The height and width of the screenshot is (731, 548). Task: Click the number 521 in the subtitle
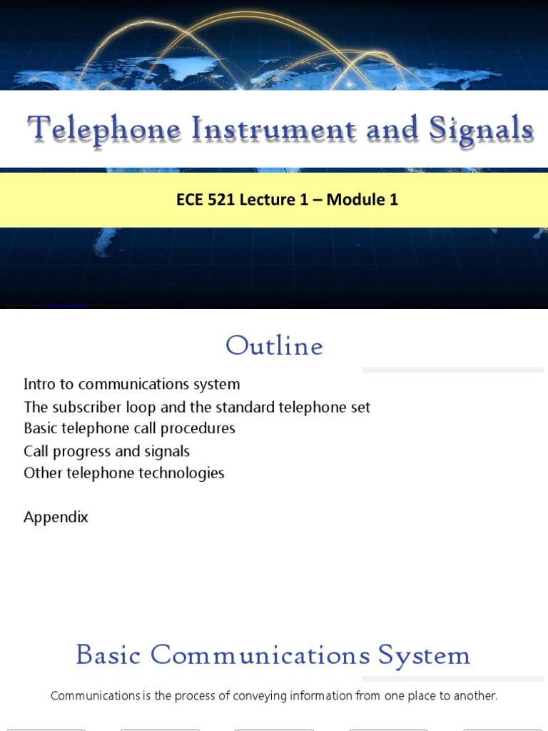coord(221,200)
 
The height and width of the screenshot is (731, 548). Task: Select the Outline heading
coord(274,346)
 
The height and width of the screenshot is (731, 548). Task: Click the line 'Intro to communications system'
coord(131,384)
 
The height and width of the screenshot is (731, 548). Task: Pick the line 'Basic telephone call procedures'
coord(129,428)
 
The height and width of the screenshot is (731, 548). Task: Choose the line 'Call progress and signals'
coord(106,451)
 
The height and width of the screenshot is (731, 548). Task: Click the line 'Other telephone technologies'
coord(123,473)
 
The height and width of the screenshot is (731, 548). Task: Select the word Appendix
coord(56,517)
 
